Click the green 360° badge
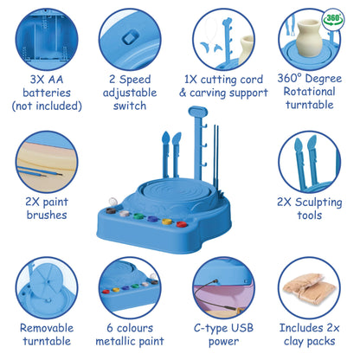pos(333,19)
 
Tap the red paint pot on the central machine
pos(181,224)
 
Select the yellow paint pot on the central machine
pos(167,222)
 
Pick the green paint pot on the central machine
pos(138,215)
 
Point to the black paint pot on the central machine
pos(111,210)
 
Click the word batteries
pos(47,93)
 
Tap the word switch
pos(130,106)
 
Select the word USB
pos(241,328)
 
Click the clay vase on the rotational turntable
pos(309,38)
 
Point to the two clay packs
pos(309,289)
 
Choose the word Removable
pos(47,328)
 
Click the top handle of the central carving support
pos(197,112)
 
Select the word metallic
pos(115,341)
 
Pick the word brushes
pos(47,215)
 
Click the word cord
pos(250,80)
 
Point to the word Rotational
pos(309,92)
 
